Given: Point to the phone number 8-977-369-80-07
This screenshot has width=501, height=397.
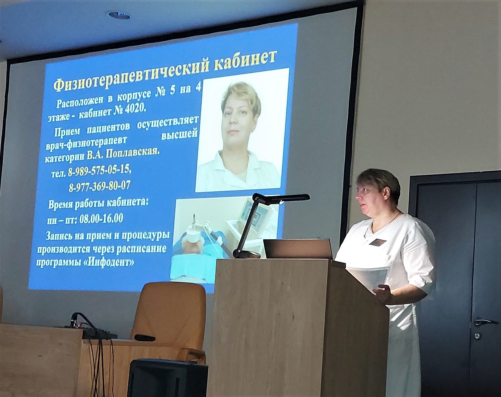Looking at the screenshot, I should pos(100,186).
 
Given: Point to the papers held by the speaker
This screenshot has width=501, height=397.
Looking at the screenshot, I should pos(369,277).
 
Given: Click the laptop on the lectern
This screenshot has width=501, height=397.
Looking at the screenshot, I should pos(297,249).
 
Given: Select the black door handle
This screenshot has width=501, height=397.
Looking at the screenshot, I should pos(485,322).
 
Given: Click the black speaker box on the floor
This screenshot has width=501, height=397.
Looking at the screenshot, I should pos(167,378).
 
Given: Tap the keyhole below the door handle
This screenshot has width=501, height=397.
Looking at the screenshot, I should pos(477,336).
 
